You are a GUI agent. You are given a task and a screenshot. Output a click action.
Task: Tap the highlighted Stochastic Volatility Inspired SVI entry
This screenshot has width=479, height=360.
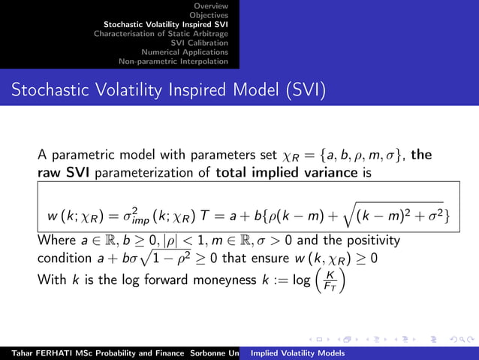click(166, 24)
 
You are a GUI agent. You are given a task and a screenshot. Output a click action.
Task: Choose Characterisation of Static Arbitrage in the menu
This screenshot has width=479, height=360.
click(161, 33)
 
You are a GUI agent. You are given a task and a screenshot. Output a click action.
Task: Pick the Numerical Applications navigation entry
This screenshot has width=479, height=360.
click(185, 52)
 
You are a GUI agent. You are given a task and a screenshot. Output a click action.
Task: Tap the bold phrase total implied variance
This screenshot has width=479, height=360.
click(271, 171)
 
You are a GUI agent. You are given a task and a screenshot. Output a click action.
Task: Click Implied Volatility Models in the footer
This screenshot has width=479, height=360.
click(298, 352)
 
